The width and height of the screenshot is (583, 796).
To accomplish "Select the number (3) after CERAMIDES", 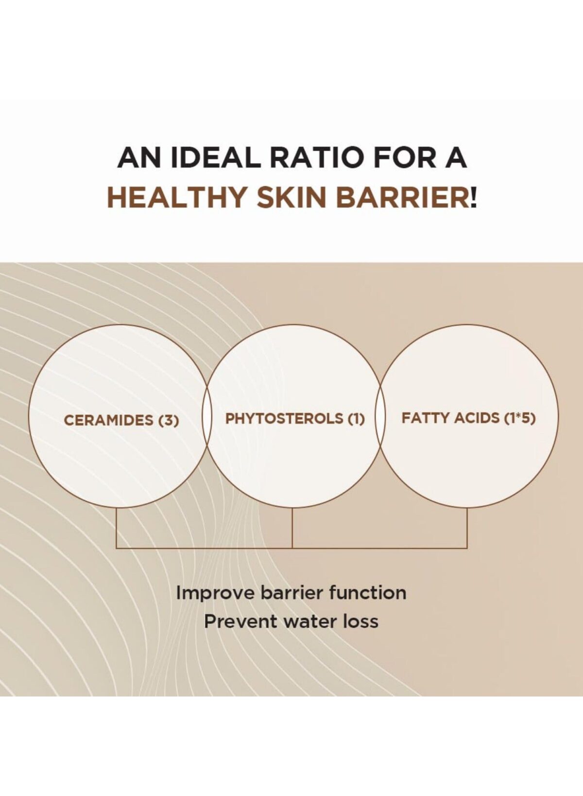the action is point(167,421).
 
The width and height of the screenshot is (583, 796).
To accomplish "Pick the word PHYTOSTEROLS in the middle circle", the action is point(284,419).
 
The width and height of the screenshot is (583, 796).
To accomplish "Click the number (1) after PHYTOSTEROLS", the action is point(356,419).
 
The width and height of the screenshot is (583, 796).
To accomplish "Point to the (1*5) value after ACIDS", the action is point(519,418).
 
